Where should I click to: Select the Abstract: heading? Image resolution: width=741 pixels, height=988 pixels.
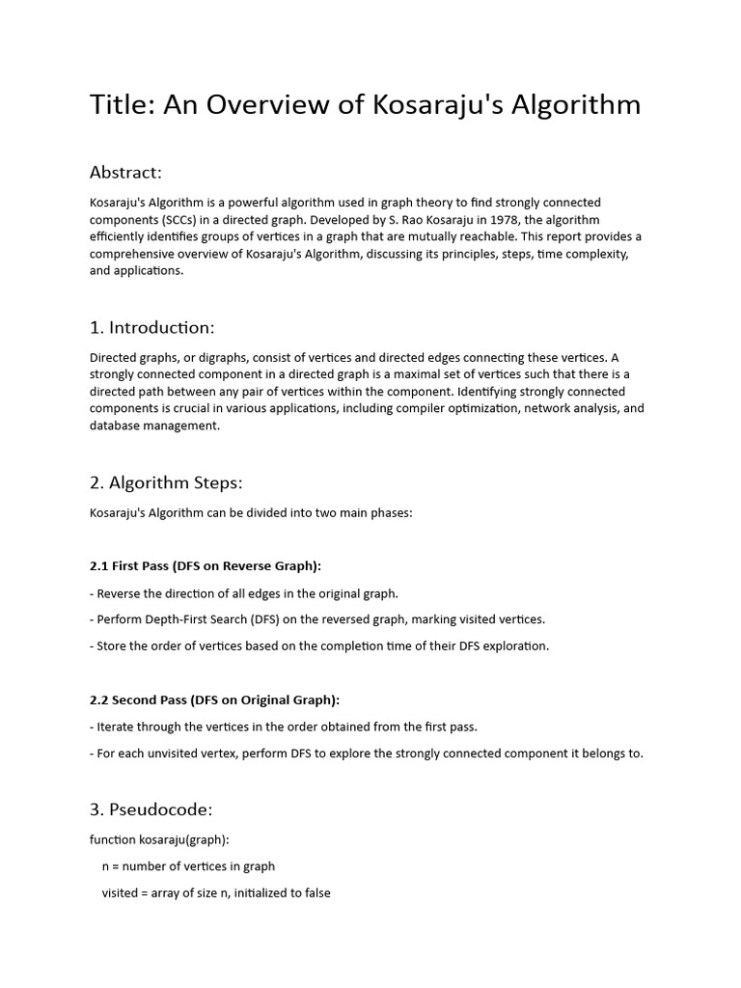(125, 173)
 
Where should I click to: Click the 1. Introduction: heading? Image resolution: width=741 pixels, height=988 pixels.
(151, 328)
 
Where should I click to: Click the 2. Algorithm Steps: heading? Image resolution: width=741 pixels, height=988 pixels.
(166, 483)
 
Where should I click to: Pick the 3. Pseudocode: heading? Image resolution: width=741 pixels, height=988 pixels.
(151, 810)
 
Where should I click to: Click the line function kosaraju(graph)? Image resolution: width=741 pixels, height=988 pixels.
(159, 839)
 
